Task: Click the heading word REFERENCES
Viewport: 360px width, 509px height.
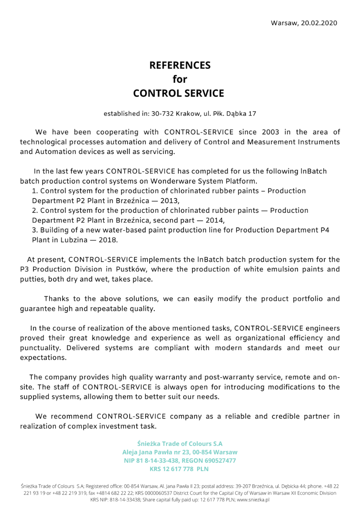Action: (180, 65)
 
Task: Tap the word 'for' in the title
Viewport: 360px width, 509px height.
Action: (180, 79)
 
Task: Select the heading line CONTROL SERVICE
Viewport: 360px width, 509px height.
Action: (178, 93)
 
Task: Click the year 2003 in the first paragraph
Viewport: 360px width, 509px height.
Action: (271, 132)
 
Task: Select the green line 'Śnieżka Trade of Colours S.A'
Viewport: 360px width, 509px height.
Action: (180, 443)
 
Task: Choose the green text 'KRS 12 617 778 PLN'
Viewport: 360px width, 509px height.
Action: (179, 469)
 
